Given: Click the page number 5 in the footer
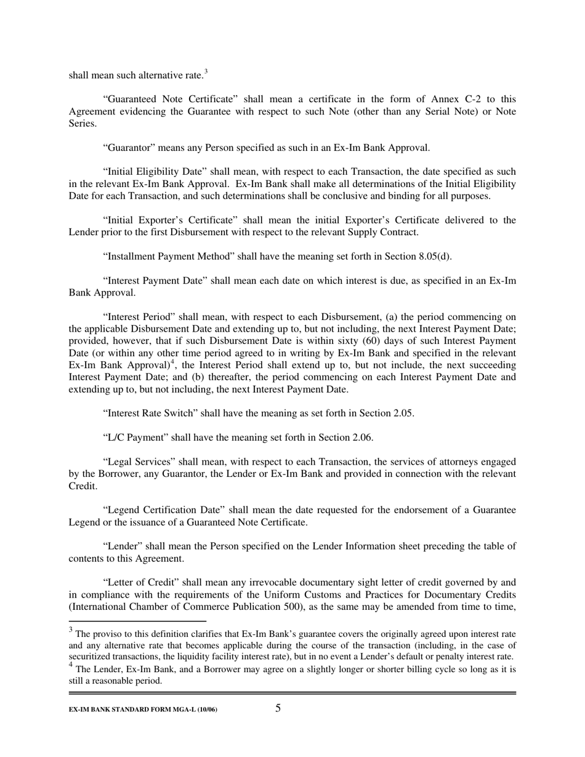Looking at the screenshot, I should [278, 708].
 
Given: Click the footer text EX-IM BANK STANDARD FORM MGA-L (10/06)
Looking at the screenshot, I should [143, 710].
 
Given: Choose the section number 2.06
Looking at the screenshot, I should [362, 438].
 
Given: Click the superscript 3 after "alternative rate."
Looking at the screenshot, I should [206, 73].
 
